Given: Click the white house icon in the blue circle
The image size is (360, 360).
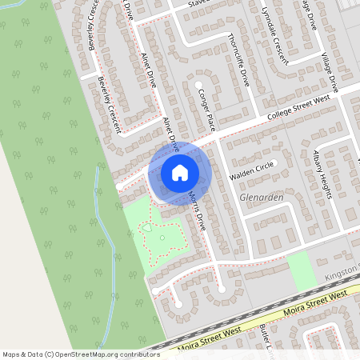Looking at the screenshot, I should pos(180,172).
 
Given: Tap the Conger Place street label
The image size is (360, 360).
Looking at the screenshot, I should pos(206,110).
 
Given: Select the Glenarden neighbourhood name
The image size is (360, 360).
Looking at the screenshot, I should pos(262,196).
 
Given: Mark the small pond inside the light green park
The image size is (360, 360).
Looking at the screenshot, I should pos(147,229).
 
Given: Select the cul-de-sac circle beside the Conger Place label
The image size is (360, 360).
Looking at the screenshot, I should pos(198,84).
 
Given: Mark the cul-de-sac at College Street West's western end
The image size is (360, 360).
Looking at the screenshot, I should pos(120,186).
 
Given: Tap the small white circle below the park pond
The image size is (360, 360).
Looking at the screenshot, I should pos(162,237).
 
